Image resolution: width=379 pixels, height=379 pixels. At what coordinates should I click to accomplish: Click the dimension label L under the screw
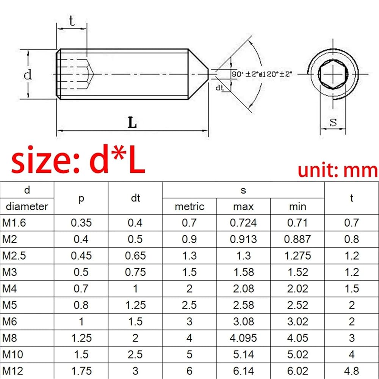point(132,122)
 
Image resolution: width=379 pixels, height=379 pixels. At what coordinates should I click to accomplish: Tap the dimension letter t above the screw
point(72,21)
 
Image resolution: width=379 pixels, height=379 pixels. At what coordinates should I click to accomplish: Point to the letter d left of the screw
point(28,74)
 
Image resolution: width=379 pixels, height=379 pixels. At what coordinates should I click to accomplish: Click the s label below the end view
point(333,122)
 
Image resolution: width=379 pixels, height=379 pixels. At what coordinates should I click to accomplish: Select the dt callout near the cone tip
point(220,88)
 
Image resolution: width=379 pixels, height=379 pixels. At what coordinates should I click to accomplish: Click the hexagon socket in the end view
point(333,74)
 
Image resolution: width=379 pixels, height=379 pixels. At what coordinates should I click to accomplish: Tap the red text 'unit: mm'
point(337,171)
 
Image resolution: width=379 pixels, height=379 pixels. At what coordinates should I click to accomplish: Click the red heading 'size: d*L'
point(78,160)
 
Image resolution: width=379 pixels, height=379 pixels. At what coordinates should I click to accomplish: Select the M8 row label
point(10,338)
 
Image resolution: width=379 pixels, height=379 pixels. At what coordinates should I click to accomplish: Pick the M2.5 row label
point(14,255)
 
